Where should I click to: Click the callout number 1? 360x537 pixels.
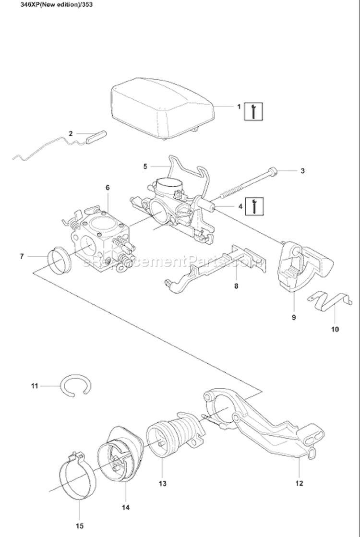tap(239, 107)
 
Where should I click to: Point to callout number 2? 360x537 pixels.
tap(71, 134)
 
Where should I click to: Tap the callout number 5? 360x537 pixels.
tap(145, 167)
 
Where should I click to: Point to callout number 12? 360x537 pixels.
tap(299, 484)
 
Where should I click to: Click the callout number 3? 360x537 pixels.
tap(302, 170)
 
